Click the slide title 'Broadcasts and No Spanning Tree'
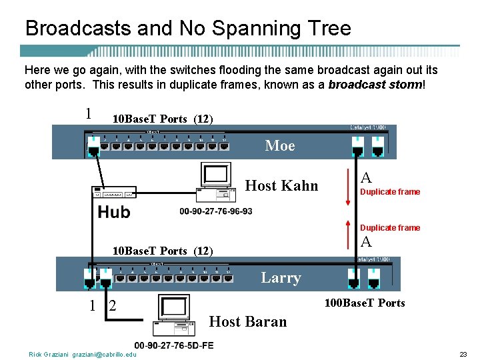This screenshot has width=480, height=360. coord(187,28)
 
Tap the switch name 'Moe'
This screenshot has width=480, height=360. coord(279,145)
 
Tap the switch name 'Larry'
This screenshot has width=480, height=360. coord(281,278)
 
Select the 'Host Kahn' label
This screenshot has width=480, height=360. coord(282,185)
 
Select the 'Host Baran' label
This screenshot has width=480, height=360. coord(248,321)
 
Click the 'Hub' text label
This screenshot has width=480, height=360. coord(114,212)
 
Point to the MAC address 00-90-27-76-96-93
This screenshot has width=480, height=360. coord(216,212)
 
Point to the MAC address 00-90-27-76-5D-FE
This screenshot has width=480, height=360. coord(174,345)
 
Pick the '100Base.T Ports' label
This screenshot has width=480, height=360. coord(365,303)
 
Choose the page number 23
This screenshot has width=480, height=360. coord(463,355)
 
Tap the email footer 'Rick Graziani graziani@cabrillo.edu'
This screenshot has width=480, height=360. coord(82,355)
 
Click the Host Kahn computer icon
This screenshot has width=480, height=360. coord(217,182)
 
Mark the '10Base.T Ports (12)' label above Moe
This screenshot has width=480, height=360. coord(163,119)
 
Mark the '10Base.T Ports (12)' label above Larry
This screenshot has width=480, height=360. coord(163,251)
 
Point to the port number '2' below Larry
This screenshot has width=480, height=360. coord(113,306)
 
